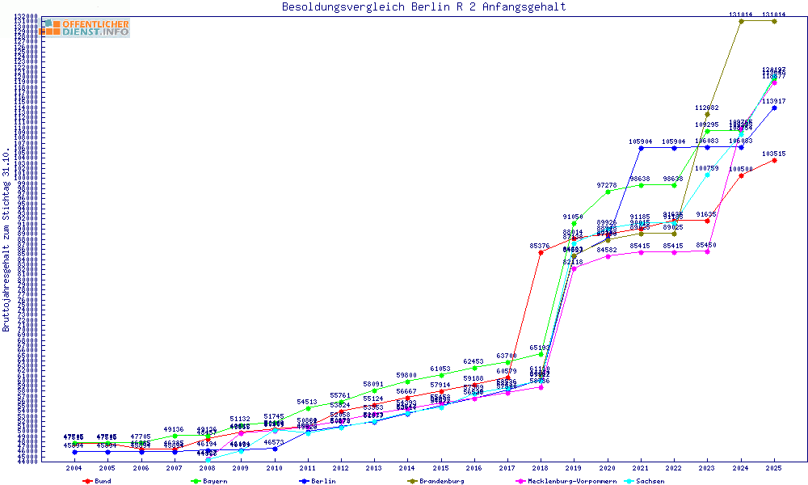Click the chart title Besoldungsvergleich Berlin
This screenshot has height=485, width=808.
point(423,7)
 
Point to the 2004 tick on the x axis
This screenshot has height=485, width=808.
point(74,468)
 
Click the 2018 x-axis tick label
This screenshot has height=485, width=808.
point(541,468)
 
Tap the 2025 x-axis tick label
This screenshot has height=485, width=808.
point(774,468)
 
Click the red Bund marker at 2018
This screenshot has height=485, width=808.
point(541,252)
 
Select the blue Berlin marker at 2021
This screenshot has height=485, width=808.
point(641,148)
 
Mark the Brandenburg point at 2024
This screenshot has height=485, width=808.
point(741,21)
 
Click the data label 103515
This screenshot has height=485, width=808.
point(774,154)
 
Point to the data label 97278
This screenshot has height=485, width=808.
point(608,185)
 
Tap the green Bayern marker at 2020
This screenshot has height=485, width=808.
point(608,192)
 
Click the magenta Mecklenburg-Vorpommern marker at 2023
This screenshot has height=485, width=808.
point(708,251)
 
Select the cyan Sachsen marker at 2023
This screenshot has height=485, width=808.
point(708,175)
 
